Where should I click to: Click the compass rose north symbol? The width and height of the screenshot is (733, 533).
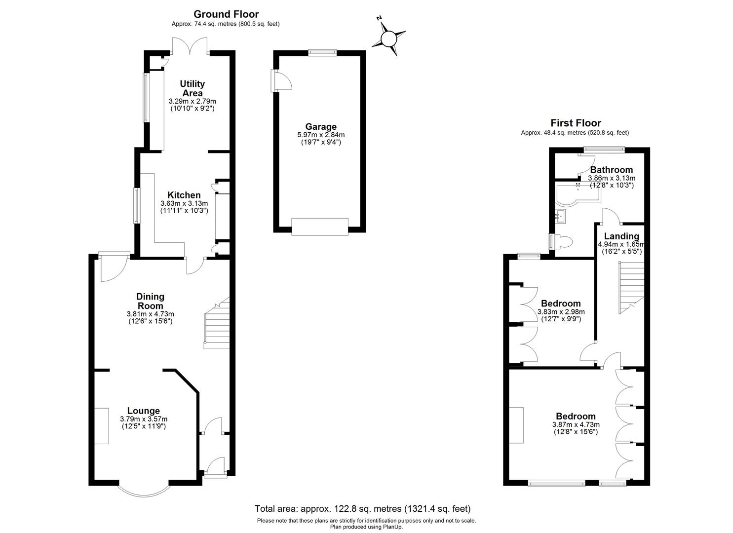(389, 39)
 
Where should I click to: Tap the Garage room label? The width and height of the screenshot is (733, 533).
(321, 127)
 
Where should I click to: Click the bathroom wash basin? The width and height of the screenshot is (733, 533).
(561, 216)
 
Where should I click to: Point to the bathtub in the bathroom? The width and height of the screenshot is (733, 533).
(578, 194)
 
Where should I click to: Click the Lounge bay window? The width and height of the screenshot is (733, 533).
(144, 489)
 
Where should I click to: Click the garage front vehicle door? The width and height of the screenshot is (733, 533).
(320, 227)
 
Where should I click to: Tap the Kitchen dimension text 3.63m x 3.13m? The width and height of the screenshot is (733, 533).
(184, 203)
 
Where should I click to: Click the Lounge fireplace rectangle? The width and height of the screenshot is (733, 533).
(102, 426)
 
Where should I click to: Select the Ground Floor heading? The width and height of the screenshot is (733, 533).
(226, 14)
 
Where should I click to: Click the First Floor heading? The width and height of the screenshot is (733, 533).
(576, 123)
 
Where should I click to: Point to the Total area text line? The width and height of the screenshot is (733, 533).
(363, 509)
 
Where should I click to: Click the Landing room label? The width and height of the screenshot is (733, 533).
(621, 236)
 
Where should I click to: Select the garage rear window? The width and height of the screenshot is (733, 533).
(322, 52)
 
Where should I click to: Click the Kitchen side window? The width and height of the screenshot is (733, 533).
(137, 206)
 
